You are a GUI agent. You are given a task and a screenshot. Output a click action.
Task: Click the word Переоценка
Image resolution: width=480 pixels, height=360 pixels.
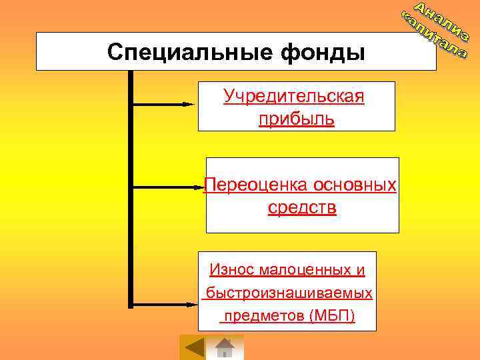247,185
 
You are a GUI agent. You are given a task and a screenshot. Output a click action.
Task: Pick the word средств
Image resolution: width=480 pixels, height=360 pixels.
302,208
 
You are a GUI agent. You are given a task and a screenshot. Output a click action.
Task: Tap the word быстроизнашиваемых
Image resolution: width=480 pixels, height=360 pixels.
289,293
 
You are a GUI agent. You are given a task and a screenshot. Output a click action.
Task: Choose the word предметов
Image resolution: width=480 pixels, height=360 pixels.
265,315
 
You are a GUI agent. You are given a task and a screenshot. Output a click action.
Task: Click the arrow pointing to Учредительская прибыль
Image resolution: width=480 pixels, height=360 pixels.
163,104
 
